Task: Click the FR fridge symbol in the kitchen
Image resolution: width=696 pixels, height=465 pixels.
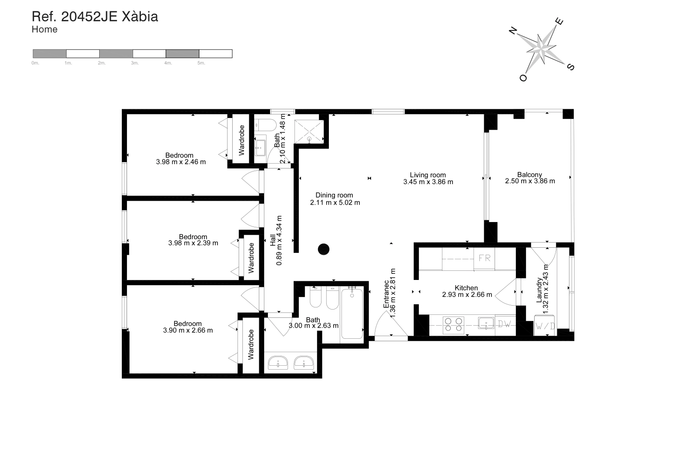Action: [x=485, y=259]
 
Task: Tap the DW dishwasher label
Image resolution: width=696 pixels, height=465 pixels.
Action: [x=505, y=324]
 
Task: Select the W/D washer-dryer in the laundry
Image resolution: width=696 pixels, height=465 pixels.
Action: [x=545, y=326]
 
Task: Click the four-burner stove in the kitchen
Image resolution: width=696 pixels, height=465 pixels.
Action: [x=453, y=325]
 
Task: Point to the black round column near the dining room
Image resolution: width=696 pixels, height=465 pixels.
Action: [x=324, y=249]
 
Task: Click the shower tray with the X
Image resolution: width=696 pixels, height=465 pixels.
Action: [x=309, y=132]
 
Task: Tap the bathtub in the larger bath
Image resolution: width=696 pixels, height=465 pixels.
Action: [x=352, y=313]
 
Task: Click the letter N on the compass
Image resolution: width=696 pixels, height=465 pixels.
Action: [x=513, y=30]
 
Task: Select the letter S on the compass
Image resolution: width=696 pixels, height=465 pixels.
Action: [x=571, y=67]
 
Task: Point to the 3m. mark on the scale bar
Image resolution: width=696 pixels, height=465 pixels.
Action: [x=134, y=63]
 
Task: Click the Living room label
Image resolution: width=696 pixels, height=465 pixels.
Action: [x=428, y=175]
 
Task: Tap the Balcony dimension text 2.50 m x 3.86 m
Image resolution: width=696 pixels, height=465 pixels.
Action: [x=530, y=181]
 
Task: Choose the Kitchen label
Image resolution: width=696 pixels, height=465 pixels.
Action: [x=466, y=288]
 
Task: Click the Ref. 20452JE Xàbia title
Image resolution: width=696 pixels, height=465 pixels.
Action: [x=95, y=17]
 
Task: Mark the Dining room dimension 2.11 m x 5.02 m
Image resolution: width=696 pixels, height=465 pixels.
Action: [x=335, y=202]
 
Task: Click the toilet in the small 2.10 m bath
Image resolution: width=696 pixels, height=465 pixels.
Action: [x=265, y=125]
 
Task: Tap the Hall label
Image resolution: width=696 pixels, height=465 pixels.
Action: [x=273, y=240]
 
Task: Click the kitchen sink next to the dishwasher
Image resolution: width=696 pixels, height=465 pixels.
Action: [x=486, y=323]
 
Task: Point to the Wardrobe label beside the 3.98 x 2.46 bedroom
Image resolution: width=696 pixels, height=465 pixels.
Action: [x=241, y=140]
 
